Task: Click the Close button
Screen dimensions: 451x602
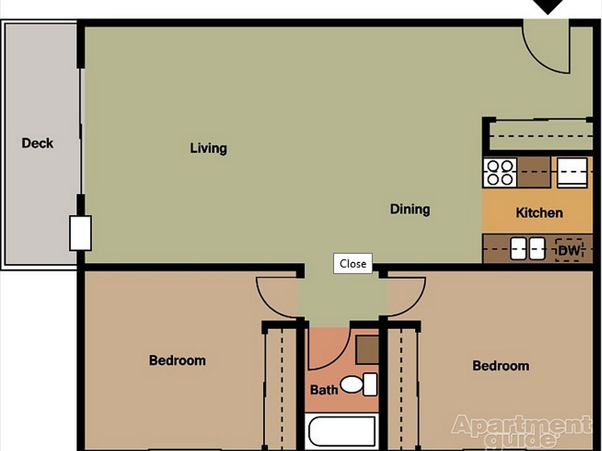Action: pyautogui.click(x=352, y=264)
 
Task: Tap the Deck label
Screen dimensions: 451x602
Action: pyautogui.click(x=38, y=143)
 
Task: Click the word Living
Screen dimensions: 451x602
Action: pyautogui.click(x=208, y=148)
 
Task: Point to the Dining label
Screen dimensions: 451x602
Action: pyautogui.click(x=410, y=209)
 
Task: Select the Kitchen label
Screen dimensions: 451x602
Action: pyautogui.click(x=539, y=213)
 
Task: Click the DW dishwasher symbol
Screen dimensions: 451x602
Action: pyautogui.click(x=569, y=251)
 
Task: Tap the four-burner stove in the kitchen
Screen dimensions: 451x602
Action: pyautogui.click(x=500, y=172)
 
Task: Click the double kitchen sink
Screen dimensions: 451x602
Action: pyautogui.click(x=527, y=249)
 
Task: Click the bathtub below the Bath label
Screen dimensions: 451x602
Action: pyautogui.click(x=342, y=432)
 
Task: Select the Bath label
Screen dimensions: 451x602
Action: pyautogui.click(x=324, y=390)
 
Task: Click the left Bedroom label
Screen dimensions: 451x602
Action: pyautogui.click(x=177, y=361)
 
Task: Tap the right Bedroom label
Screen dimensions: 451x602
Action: pyautogui.click(x=500, y=366)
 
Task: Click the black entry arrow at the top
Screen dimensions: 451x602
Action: pyautogui.click(x=549, y=6)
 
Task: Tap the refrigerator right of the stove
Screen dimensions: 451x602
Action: pyautogui.click(x=572, y=172)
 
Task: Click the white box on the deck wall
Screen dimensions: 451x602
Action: pyautogui.click(x=80, y=233)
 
